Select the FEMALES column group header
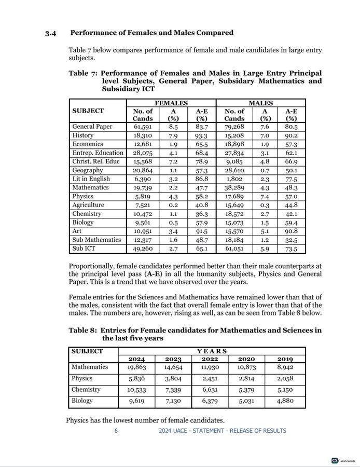[x=171, y=103]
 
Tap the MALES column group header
[x=261, y=103]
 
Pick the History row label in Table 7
[x=83, y=135]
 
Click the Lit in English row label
[x=91, y=178]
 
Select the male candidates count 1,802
[x=234, y=178]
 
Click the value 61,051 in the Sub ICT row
[x=234, y=249]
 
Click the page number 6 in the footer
[x=116, y=431]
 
